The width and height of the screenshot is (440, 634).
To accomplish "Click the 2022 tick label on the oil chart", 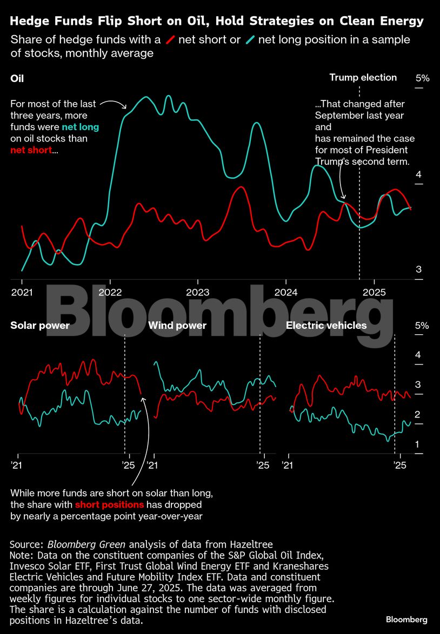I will pos(110,292).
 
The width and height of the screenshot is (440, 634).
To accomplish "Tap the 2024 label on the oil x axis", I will pos(285,292).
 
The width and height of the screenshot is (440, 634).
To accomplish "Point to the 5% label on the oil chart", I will pos(422,78).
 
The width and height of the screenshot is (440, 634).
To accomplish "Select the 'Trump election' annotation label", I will pos(363,78).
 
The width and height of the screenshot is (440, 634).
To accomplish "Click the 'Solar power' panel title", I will pos(40,325).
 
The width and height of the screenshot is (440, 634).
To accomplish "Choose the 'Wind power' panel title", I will pos(177,325).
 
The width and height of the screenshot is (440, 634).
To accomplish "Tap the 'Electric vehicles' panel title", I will pos(326,325).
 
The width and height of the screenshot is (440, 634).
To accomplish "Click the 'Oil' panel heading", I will pos(17,78).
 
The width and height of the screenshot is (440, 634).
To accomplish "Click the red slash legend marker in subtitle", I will pos(170,40).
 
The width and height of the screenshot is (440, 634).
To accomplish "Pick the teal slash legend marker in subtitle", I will pos(250,40).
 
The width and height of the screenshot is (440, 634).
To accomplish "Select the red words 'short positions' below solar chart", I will pos(109,505).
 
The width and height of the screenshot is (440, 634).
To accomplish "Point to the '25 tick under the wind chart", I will pos(263,466).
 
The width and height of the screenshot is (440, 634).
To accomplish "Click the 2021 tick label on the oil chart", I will pos(22,292).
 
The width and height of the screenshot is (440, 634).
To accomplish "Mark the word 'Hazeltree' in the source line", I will pos(246,544).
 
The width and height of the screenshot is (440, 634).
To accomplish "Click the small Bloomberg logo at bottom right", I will pos(406,619).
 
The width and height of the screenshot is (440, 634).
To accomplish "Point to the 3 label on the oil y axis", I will pos(418,269).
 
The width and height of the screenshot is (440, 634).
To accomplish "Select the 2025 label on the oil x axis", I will pos(374,292).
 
